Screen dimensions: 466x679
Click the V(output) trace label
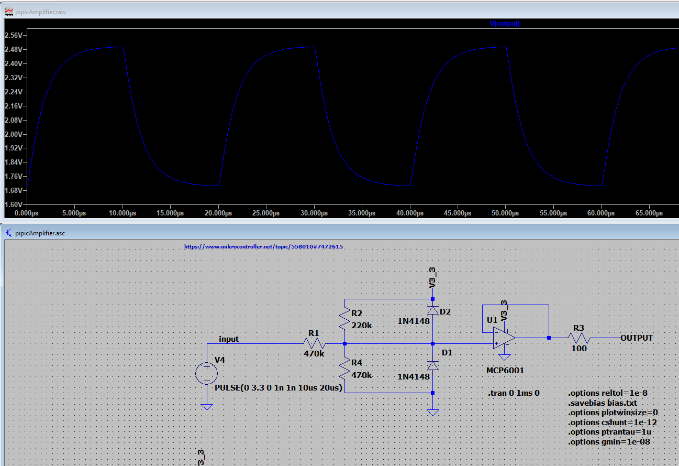pos(505,24)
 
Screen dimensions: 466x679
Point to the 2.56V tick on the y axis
pos(13,36)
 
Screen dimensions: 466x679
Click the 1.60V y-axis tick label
pos(13,204)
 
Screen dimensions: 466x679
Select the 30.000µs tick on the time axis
pos(314,213)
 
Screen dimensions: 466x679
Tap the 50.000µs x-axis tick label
pos(505,213)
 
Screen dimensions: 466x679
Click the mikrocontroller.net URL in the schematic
pos(264,246)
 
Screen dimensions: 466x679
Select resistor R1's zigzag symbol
pos(314,344)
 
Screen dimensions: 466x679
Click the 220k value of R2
pos(362,325)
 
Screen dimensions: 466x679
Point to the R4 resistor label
pos(357,362)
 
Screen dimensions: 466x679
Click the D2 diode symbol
pos(432,310)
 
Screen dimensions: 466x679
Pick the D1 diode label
pos(447,353)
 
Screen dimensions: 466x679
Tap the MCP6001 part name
pos(505,371)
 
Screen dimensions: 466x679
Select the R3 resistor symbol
pos(578,338)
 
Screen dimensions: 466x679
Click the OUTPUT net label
pos(637,338)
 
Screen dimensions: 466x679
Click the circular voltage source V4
pos(207,374)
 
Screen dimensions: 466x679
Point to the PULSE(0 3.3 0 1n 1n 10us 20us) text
pos(279,388)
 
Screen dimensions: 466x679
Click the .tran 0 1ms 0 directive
pos(514,393)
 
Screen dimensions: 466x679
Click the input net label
pos(229,339)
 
